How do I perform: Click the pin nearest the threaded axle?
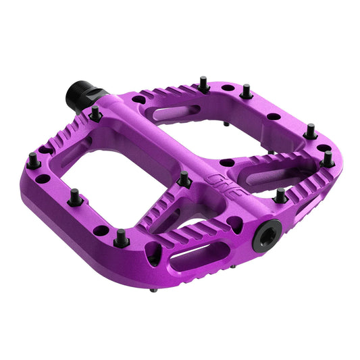point(96,113)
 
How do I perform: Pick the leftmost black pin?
point(32,160)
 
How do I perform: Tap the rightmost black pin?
point(328,159)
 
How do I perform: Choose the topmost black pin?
point(203,84)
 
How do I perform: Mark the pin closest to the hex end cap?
point(279,197)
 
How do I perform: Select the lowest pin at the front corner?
point(122,238)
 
